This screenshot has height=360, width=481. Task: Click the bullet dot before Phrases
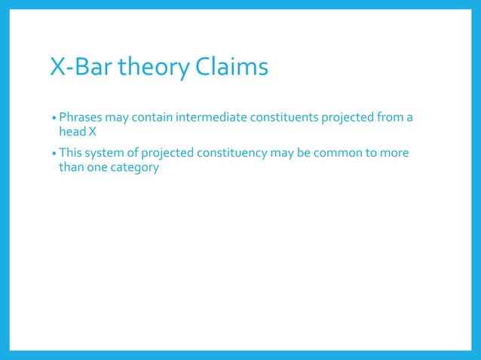click(54, 118)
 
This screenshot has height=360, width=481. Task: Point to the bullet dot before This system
click(54, 154)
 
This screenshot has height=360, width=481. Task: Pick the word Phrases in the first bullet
click(83, 117)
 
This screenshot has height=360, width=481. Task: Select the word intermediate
click(210, 117)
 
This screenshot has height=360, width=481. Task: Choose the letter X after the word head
click(93, 132)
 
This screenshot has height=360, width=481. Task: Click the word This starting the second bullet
click(72, 153)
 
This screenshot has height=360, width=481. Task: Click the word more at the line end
click(394, 153)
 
